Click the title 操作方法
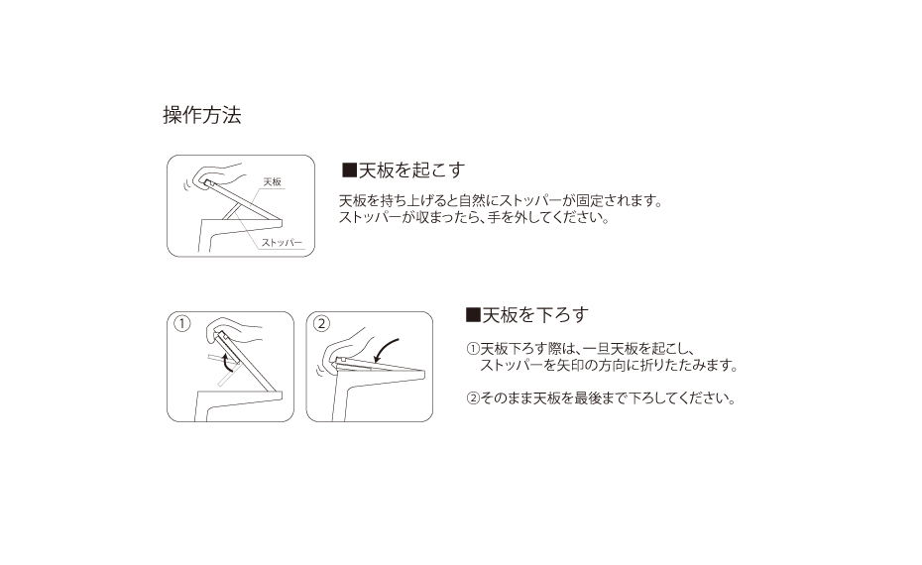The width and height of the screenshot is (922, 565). [x=201, y=115]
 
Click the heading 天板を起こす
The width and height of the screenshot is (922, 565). [x=411, y=170]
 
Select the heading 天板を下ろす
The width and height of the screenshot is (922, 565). [x=535, y=315]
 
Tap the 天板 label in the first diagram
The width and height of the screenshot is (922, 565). [x=273, y=182]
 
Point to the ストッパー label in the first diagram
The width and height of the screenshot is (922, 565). [x=282, y=242]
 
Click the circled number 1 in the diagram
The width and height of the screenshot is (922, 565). [x=182, y=323]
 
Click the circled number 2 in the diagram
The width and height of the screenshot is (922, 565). [x=321, y=323]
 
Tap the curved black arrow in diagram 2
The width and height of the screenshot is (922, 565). [x=384, y=351]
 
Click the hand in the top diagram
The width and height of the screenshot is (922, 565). [x=219, y=174]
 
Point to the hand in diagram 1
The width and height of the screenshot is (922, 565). [x=234, y=331]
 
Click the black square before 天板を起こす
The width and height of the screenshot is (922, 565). [x=349, y=170]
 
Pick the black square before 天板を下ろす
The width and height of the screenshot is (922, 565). [x=473, y=315]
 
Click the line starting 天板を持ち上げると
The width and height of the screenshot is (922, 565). [x=501, y=200]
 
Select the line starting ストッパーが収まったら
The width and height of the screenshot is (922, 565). [x=474, y=217]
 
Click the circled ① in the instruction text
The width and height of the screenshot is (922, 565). [x=473, y=349]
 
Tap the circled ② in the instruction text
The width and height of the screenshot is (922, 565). [x=473, y=398]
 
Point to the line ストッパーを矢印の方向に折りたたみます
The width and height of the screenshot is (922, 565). [x=609, y=365]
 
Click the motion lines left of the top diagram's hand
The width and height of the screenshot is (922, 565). [x=187, y=184]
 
